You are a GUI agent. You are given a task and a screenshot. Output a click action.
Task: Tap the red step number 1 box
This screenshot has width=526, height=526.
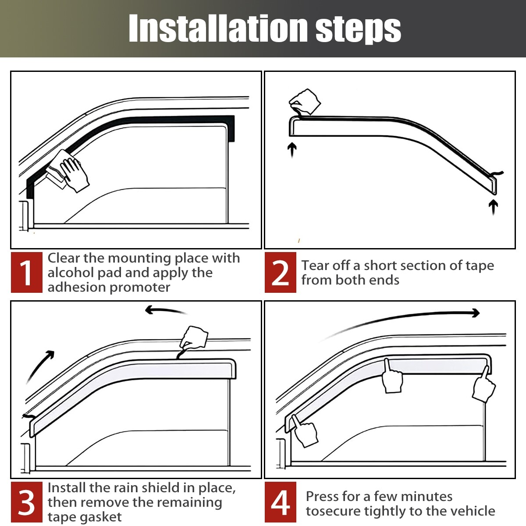tap(27, 272)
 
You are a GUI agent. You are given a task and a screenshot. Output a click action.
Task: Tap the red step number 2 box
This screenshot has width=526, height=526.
tap(281, 272)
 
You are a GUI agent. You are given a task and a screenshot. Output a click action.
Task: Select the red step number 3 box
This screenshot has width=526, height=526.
tap(27, 502)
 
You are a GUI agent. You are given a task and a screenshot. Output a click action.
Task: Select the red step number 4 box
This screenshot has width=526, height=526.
tap(281, 502)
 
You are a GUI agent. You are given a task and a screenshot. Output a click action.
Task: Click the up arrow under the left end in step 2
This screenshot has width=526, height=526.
tap(292, 149)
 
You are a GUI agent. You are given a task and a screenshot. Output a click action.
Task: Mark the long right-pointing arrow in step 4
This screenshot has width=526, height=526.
tap(403, 320)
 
